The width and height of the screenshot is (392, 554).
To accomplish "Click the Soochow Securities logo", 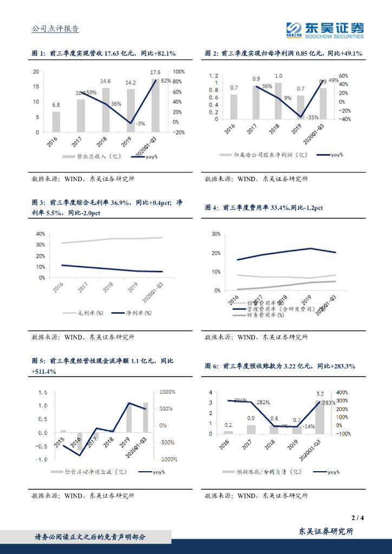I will point(324,30).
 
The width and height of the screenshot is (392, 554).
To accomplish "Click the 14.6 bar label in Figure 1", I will point(106,82).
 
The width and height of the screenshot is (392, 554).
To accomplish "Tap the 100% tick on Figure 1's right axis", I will point(179,72).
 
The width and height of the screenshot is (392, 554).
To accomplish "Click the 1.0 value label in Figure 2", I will point(278,76).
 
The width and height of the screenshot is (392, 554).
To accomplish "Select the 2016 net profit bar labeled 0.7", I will point(234,107).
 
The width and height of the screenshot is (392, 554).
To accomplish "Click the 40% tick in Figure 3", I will point(40,234).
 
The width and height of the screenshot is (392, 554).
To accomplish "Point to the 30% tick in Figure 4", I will point(215,234).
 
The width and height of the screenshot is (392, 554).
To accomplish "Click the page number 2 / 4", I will point(358,518).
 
